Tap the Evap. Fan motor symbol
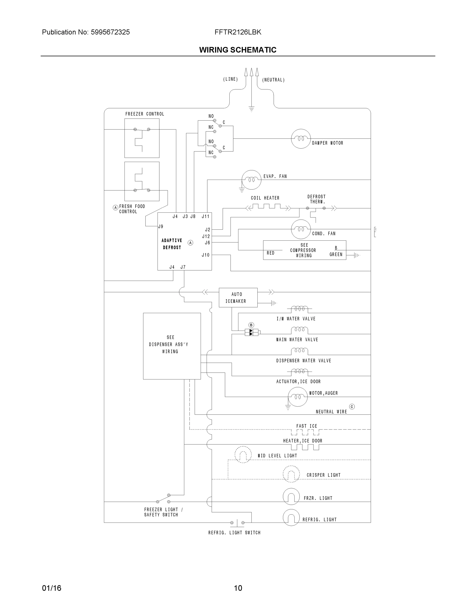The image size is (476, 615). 251,180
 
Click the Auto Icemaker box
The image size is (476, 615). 238,297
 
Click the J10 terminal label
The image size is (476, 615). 206,255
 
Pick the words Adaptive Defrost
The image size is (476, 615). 172,244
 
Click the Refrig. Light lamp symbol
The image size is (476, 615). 291,518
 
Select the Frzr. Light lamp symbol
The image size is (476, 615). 291,496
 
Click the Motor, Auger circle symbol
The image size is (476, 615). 297,397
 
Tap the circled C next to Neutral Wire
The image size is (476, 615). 352,407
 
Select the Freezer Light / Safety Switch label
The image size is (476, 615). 163,512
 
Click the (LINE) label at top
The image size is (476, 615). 230,79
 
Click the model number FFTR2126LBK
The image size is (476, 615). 238,32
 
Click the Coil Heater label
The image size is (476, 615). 265,198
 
